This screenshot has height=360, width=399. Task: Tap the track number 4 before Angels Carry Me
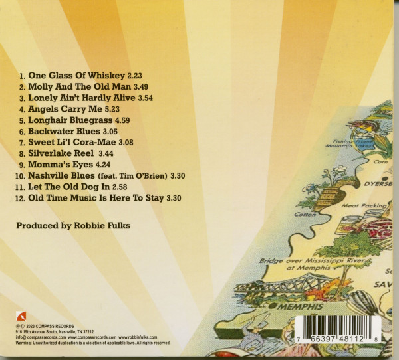(21, 108)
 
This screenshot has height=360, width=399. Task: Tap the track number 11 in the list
(20, 187)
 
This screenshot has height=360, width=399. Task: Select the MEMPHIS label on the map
(301, 306)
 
